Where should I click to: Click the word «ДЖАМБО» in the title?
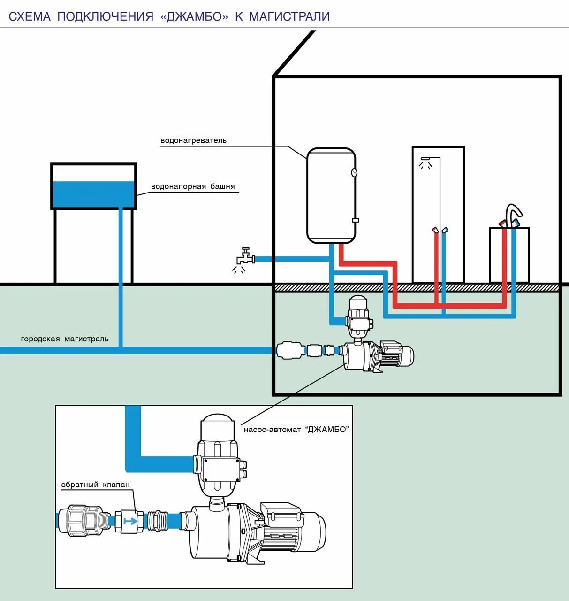(194, 17)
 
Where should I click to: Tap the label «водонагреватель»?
(193, 140)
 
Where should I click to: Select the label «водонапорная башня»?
(192, 186)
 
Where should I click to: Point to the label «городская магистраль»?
(65, 339)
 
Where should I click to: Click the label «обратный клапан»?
(95, 485)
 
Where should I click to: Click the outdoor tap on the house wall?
(244, 257)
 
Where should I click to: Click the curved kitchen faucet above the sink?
(513, 211)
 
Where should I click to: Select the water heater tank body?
(331, 195)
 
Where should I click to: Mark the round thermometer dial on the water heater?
(354, 172)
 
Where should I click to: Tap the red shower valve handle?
(435, 230)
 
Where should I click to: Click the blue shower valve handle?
(445, 230)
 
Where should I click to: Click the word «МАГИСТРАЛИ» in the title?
(289, 17)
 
